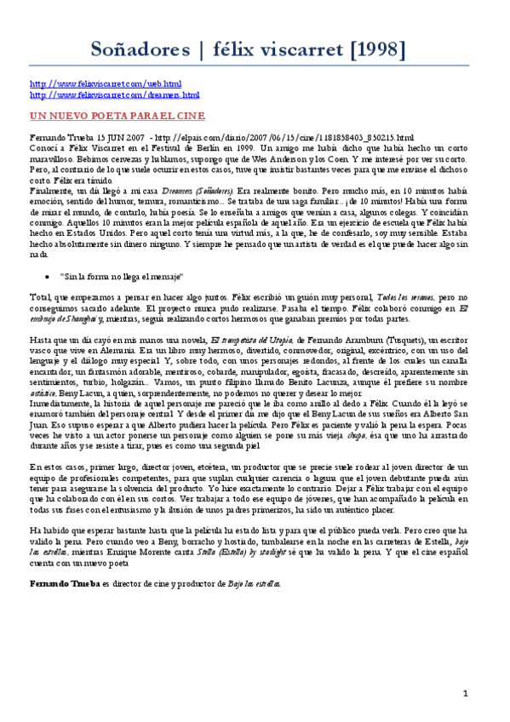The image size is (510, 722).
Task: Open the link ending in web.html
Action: point(106,84)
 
